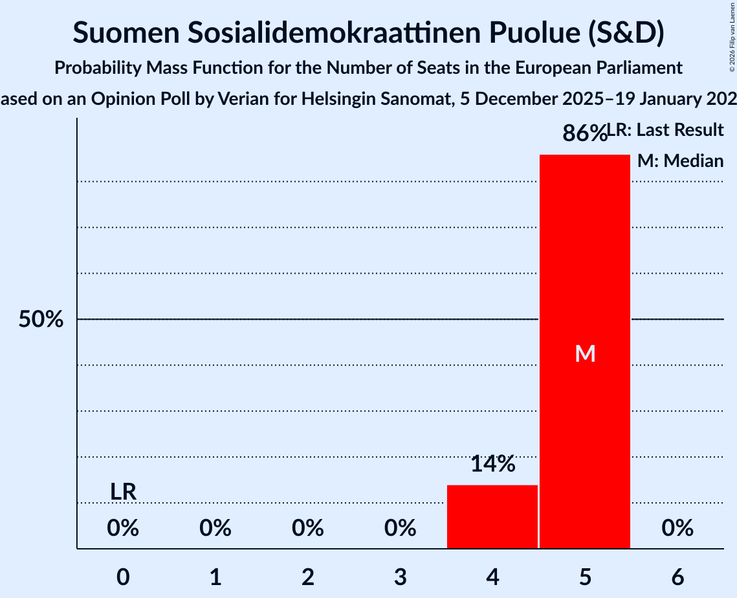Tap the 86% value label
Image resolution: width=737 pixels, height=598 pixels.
point(584,133)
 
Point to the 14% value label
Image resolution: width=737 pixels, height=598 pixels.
point(492,463)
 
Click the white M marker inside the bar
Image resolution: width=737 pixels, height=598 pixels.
point(585,353)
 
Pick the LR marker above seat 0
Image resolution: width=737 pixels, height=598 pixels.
point(123,492)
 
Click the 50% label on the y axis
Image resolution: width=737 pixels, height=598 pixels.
point(41,320)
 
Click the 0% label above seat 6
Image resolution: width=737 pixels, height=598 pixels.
point(677,529)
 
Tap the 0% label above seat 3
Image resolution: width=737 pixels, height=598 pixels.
point(401,529)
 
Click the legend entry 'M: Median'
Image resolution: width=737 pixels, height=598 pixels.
point(680,161)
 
